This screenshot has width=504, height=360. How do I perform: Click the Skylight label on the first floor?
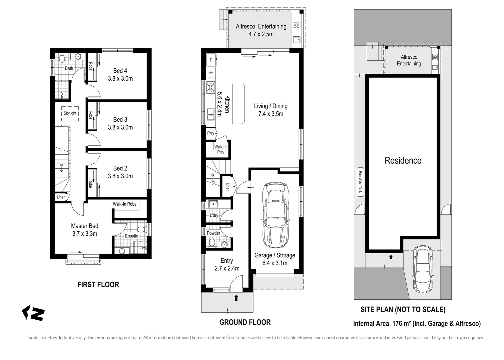click(x=70, y=113)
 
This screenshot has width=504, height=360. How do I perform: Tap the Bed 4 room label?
click(x=120, y=71)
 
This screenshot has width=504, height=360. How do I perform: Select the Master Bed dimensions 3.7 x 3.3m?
click(x=85, y=234)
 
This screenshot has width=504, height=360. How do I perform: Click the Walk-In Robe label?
click(x=125, y=204)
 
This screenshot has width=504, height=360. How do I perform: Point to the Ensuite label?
click(x=132, y=236)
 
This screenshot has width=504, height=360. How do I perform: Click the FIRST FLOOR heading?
click(x=98, y=285)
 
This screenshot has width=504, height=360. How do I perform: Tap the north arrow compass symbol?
click(x=33, y=313)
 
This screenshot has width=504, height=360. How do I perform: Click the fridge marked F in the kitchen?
click(x=211, y=60)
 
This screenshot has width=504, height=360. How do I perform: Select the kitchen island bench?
click(x=238, y=104)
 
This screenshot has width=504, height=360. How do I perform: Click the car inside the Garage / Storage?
click(x=275, y=214)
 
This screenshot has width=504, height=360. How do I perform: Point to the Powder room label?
click(x=214, y=233)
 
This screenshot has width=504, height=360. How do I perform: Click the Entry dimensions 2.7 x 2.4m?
click(x=227, y=268)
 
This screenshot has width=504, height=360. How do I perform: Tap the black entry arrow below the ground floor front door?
click(x=236, y=298)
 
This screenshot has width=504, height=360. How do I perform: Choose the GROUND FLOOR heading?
click(x=245, y=322)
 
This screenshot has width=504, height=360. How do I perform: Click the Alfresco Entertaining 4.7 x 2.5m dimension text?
click(x=261, y=34)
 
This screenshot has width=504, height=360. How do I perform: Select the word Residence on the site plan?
click(x=403, y=161)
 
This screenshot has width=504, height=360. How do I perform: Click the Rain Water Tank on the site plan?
click(x=360, y=182)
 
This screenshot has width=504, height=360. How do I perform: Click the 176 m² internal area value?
click(x=401, y=323)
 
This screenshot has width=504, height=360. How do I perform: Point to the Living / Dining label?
click(x=270, y=106)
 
